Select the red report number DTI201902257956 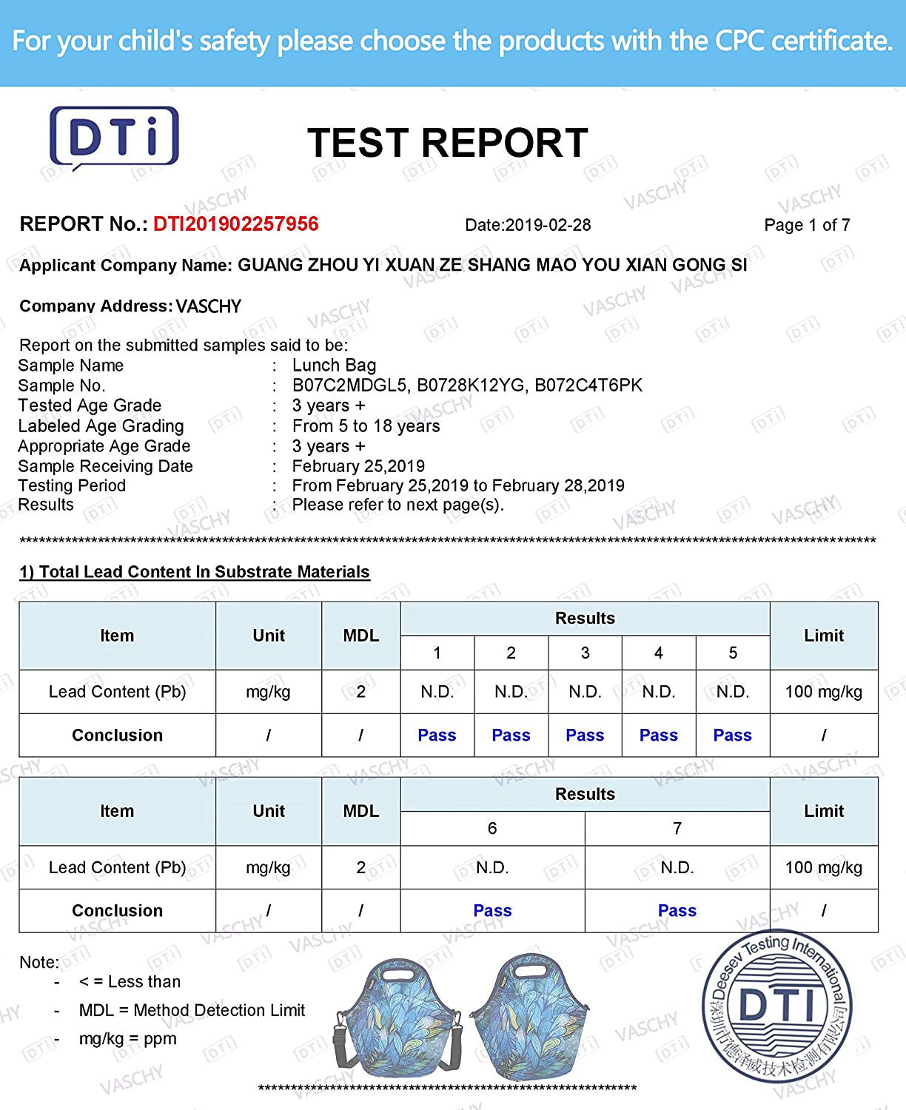[x=235, y=224]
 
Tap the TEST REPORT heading [x=447, y=143]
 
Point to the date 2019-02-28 [x=528, y=225]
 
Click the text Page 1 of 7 [x=807, y=225]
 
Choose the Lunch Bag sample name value [x=334, y=366]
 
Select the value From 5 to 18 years [x=366, y=426]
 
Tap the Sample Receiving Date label [x=105, y=466]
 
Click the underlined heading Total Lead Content [x=195, y=572]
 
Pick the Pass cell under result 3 [x=585, y=736]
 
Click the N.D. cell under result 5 [x=733, y=692]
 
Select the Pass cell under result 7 [x=677, y=911]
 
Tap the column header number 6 [x=492, y=829]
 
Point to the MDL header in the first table [x=360, y=636]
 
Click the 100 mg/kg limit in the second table [x=823, y=867]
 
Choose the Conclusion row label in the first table [x=117, y=736]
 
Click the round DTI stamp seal [x=777, y=1006]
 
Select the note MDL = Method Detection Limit [x=192, y=1010]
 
